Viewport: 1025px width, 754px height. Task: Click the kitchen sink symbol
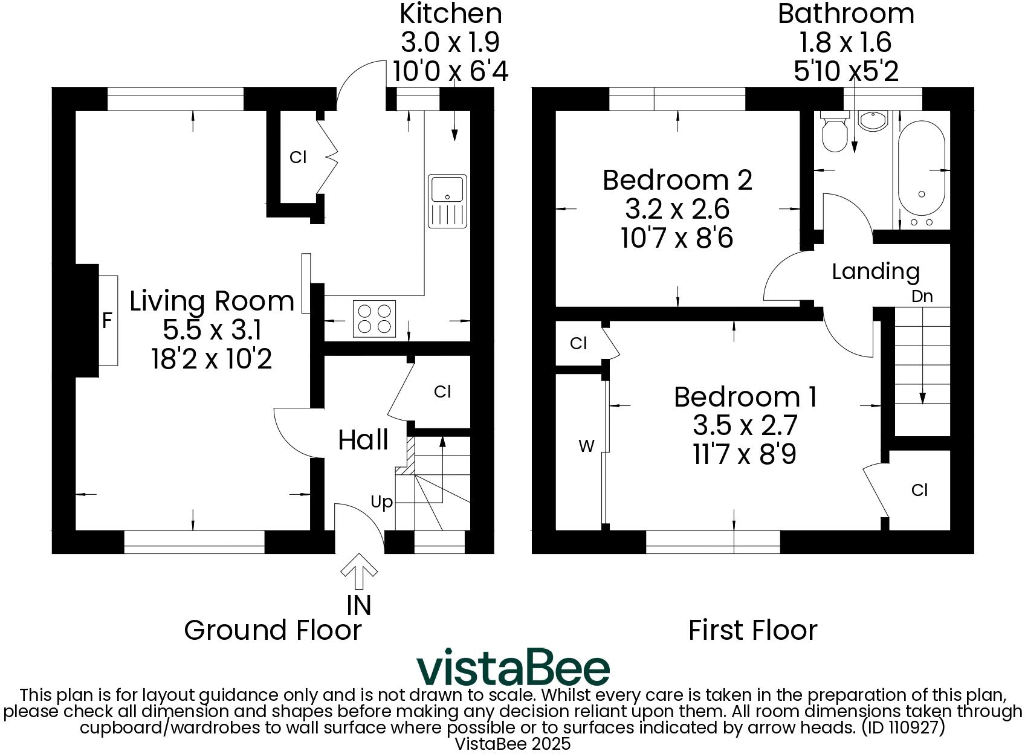tap(447, 201)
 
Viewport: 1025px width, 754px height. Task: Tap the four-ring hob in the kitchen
tap(374, 318)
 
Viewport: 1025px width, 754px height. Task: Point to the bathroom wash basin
tap(872, 120)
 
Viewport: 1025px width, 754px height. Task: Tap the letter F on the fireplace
tap(107, 320)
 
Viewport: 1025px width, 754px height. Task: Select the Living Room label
tap(212, 301)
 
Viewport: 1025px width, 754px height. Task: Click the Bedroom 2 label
tap(677, 180)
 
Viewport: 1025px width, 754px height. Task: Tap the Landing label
tap(875, 272)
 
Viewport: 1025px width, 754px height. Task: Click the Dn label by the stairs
tap(922, 297)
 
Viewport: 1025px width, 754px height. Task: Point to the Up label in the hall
tap(381, 502)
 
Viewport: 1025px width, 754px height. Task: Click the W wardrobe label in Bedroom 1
tap(586, 446)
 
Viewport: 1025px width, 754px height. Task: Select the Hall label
tap(363, 440)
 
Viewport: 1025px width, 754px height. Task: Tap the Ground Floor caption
tap(273, 630)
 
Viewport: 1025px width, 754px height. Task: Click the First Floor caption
tap(752, 630)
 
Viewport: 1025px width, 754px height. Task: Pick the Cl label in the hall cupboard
tap(442, 392)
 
